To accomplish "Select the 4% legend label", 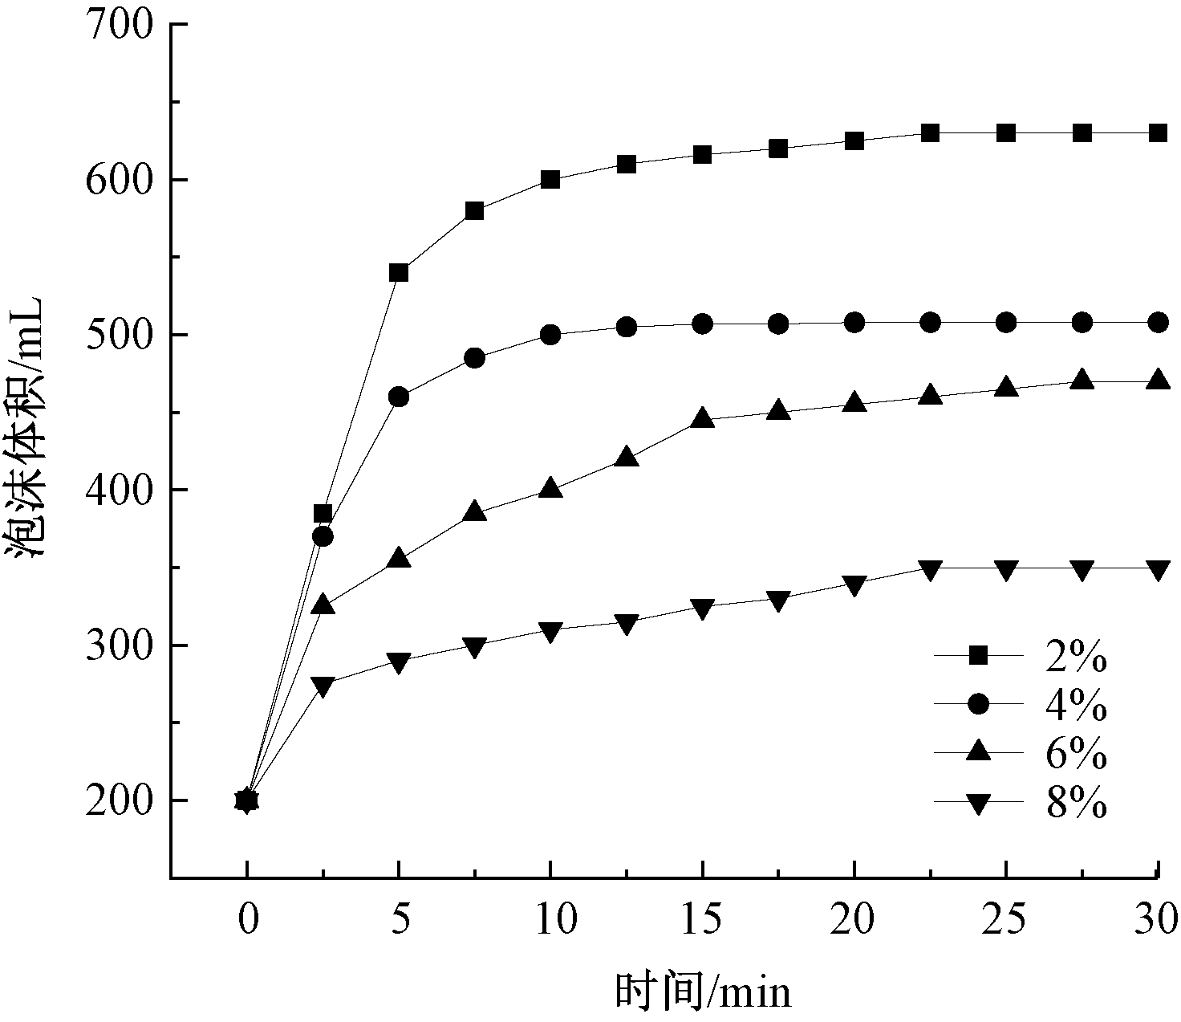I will click(x=1077, y=705).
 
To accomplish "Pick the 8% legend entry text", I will click(x=1077, y=801).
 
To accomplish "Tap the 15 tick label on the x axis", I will click(x=703, y=918).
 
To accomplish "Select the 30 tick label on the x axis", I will click(x=1157, y=918).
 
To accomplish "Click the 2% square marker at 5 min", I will click(x=399, y=273).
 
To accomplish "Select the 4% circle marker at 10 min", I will click(x=550, y=335).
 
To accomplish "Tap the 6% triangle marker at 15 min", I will click(x=703, y=418).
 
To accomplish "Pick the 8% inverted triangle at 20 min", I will click(x=854, y=584).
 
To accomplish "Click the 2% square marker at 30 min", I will click(x=1157, y=133).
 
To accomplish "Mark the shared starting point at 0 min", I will click(x=247, y=800).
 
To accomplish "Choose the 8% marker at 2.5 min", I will click(x=323, y=686).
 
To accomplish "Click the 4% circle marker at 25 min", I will click(x=1006, y=323).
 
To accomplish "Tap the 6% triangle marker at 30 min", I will click(x=1157, y=380).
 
